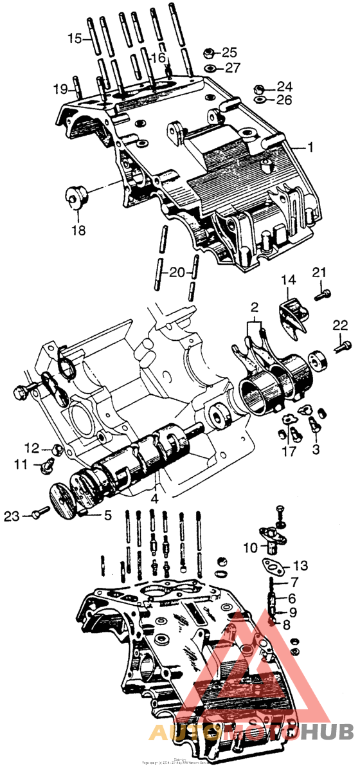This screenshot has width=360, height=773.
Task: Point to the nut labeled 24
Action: pos(257,88)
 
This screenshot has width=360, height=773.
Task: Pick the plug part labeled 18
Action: pos(74,195)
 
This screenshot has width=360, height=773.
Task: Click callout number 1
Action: pos(310,147)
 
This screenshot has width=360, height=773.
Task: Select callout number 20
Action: pos(177,272)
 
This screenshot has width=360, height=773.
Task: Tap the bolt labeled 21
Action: pos(323,295)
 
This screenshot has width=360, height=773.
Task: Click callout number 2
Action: pos(255,307)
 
